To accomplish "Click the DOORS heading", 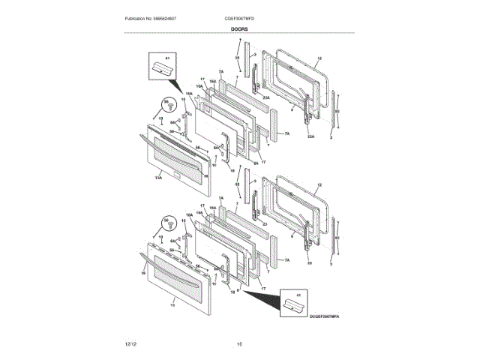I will click(x=239, y=28).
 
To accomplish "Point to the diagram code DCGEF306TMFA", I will click(x=325, y=317).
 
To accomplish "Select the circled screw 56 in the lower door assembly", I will click(x=168, y=222).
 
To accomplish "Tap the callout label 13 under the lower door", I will click(x=173, y=306).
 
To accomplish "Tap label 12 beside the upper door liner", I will click(x=318, y=58).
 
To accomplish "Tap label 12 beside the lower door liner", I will click(x=318, y=184).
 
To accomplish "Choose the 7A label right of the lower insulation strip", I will click(x=286, y=260).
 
